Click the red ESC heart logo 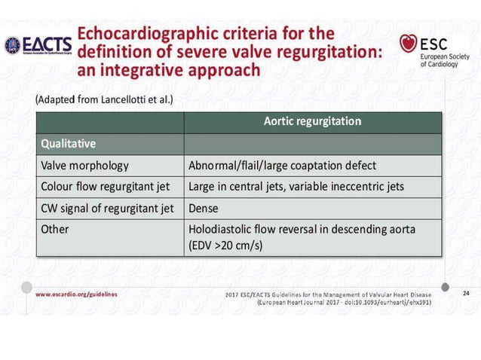(409, 44)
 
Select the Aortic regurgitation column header (312, 121)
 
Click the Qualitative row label (68, 143)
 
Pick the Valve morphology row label (84, 165)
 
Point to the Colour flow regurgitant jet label (105, 186)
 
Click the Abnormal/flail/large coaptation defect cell (282, 165)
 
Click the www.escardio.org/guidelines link (76, 293)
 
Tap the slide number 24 (464, 293)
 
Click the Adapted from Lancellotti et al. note (104, 99)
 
